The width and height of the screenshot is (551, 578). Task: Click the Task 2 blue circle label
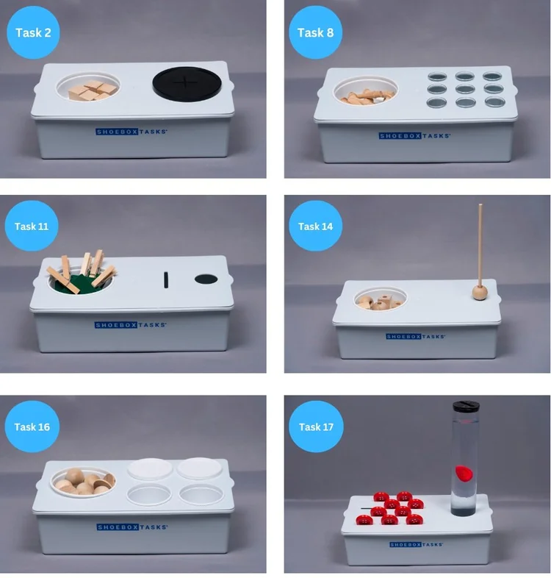(x=33, y=32)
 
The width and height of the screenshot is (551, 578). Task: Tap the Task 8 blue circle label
(x=315, y=32)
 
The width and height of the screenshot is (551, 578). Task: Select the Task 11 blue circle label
(x=32, y=226)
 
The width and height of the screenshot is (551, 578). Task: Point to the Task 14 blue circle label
(x=315, y=226)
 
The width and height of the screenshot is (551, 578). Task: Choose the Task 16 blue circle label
(x=32, y=427)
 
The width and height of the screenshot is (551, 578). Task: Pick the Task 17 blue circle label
(x=316, y=427)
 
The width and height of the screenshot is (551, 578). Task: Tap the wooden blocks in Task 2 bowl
(x=93, y=90)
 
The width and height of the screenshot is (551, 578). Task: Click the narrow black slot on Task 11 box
(x=166, y=280)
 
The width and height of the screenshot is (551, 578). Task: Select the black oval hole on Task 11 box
(x=206, y=279)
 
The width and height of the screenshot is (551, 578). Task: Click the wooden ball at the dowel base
(x=480, y=293)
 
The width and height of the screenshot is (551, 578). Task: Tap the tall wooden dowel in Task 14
(x=480, y=245)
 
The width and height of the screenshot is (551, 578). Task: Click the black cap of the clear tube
(x=466, y=407)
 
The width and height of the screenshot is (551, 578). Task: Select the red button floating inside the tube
(x=464, y=474)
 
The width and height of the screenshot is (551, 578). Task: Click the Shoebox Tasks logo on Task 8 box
(x=415, y=135)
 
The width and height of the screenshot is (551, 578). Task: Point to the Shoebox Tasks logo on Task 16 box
(x=132, y=527)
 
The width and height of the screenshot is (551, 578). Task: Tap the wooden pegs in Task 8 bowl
(x=367, y=96)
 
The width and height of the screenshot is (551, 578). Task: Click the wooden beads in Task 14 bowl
(x=380, y=302)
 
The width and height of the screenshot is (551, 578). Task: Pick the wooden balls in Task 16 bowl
(x=84, y=482)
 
